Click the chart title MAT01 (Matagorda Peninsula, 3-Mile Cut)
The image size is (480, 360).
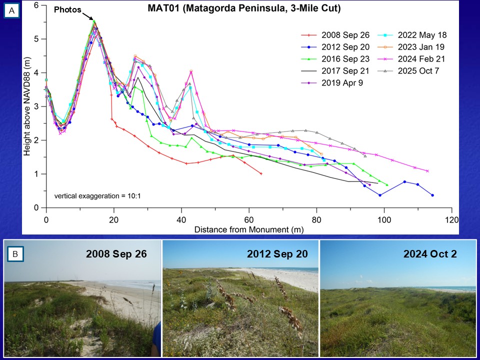click(244, 8)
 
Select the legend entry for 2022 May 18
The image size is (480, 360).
click(422, 35)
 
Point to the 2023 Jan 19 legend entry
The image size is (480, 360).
click(422, 47)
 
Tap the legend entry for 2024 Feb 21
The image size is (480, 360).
click(422, 59)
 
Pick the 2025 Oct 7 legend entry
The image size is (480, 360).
click(418, 71)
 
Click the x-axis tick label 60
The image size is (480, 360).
click(249, 219)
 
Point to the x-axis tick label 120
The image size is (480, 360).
click(452, 219)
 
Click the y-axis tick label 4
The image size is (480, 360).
click(36, 72)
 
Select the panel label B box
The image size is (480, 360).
click(15, 254)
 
